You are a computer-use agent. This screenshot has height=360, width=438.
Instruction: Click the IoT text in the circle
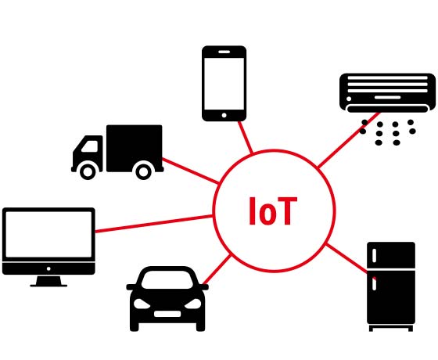(x=273, y=211)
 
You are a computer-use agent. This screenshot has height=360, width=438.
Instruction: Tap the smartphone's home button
(x=224, y=115)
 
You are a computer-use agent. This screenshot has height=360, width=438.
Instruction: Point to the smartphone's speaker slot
(x=224, y=52)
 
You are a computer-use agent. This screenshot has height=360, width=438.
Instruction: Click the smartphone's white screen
(x=224, y=84)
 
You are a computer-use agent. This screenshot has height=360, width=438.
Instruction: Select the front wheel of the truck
(x=88, y=172)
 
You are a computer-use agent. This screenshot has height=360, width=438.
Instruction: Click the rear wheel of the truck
(x=144, y=172)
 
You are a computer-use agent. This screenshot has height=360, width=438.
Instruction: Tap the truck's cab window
(x=90, y=146)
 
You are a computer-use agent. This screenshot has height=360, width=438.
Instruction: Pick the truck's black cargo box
(x=135, y=148)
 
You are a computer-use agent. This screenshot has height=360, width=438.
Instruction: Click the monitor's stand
(x=48, y=281)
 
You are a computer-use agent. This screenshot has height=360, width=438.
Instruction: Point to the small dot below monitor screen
(x=48, y=268)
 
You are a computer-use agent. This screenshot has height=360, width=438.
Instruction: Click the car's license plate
(x=167, y=314)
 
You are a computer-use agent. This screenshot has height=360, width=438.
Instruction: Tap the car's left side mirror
(x=131, y=287)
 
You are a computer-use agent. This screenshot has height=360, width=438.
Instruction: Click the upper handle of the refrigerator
(x=375, y=255)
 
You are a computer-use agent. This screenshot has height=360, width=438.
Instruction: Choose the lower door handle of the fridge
(x=375, y=283)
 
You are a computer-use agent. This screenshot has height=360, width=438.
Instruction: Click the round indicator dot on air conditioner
(x=349, y=99)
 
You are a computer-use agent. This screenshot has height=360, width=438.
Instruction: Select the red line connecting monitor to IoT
(x=154, y=224)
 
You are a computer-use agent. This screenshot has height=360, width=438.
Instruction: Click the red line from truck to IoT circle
(x=191, y=171)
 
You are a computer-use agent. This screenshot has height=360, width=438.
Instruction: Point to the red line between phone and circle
(x=246, y=137)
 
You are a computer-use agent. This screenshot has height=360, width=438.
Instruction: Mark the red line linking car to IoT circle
(x=217, y=269)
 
